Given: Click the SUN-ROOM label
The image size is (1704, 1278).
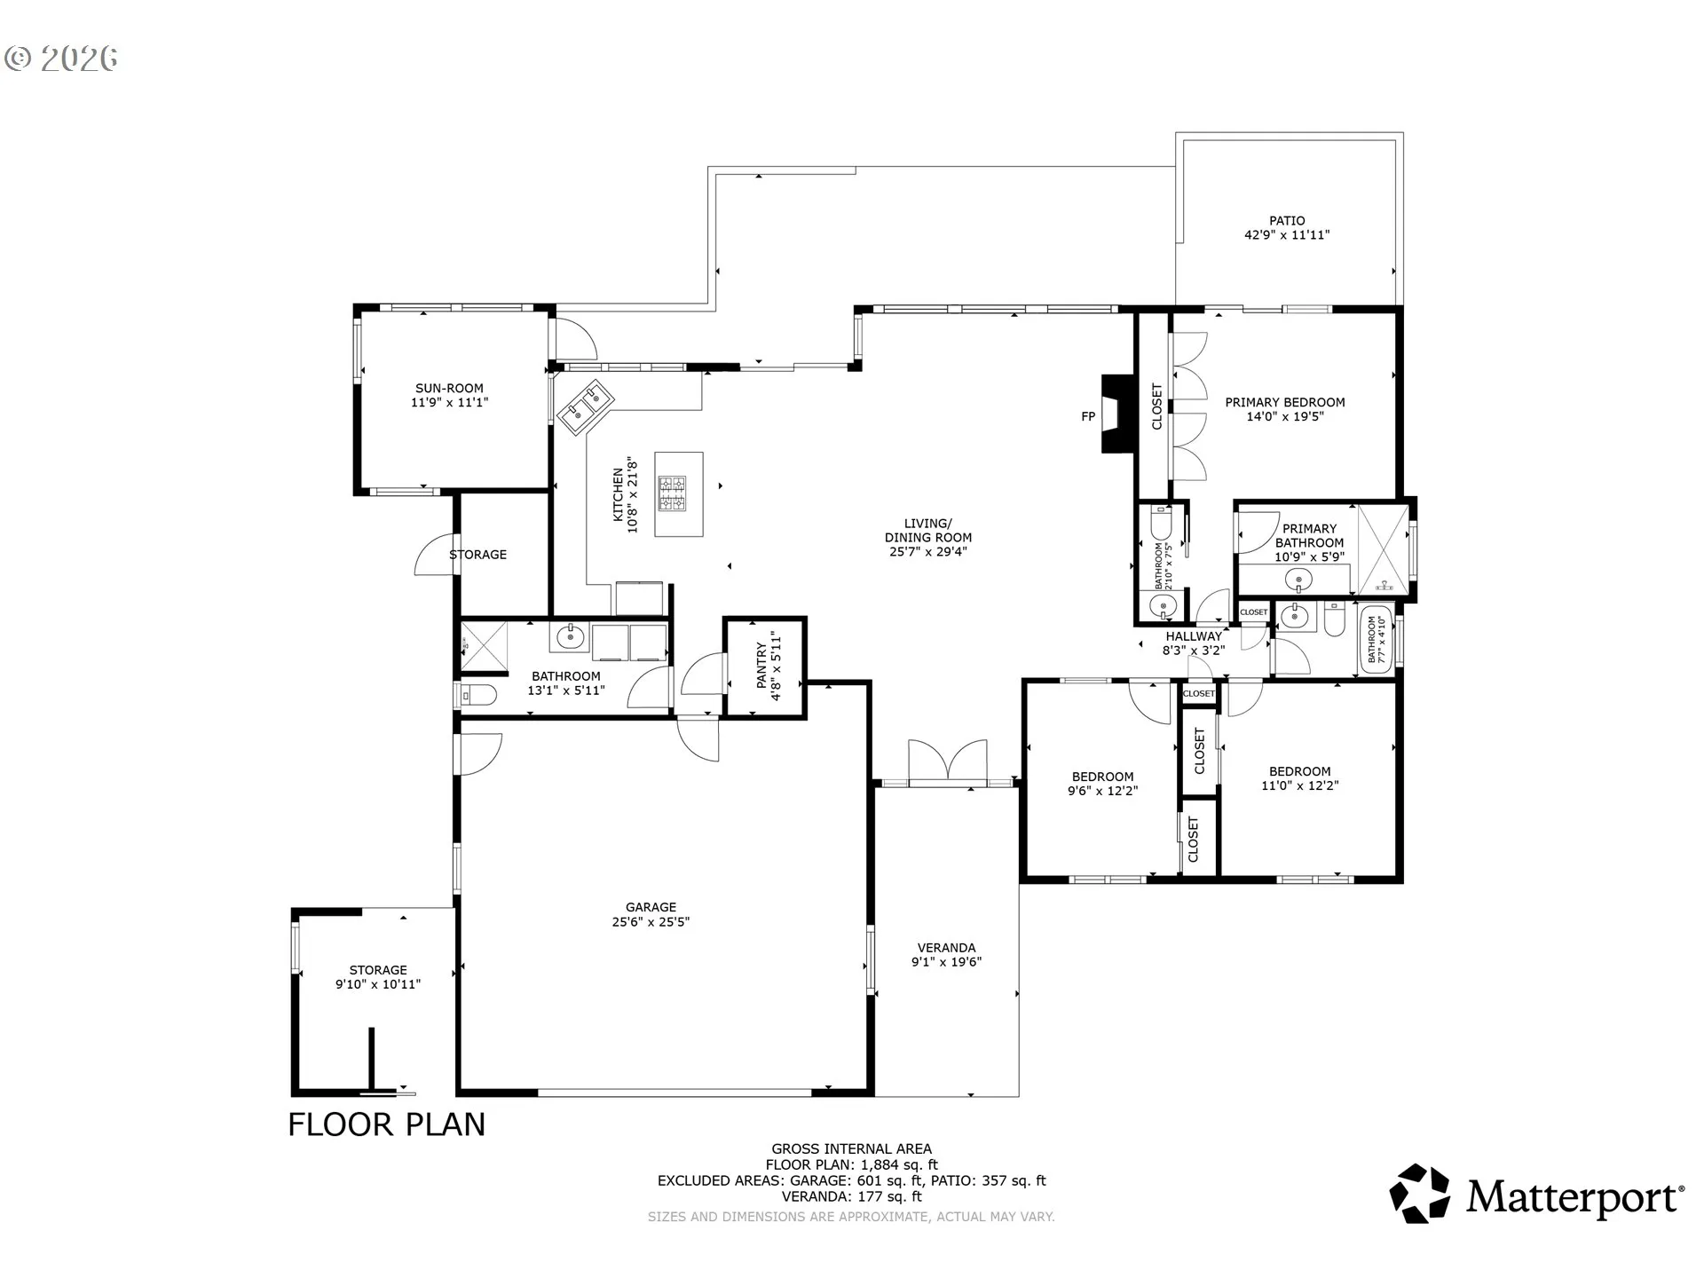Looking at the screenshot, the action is tap(450, 388).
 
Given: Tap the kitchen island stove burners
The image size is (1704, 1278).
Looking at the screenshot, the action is tap(672, 493).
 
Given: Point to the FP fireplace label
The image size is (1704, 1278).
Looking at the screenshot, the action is tap(1088, 416).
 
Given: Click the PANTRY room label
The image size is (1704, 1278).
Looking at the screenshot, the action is tap(761, 666).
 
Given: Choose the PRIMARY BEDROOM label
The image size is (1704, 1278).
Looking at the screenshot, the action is tap(1285, 402).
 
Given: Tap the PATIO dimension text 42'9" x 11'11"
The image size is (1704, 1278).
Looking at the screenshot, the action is tap(1287, 235).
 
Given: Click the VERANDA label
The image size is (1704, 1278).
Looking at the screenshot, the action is tap(946, 948).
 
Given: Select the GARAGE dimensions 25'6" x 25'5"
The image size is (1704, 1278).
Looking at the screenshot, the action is tap(651, 921).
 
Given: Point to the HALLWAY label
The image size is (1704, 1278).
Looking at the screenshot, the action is tap(1194, 636).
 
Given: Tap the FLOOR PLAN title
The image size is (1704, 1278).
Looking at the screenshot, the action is tap(387, 1124).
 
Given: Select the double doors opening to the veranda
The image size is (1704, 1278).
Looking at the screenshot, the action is tap(948, 762).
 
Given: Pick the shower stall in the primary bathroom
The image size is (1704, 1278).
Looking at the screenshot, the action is tap(1383, 549).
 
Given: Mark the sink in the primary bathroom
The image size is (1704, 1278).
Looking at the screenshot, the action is tap(1298, 581).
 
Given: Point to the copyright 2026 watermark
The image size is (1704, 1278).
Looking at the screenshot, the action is tap(61, 59).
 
